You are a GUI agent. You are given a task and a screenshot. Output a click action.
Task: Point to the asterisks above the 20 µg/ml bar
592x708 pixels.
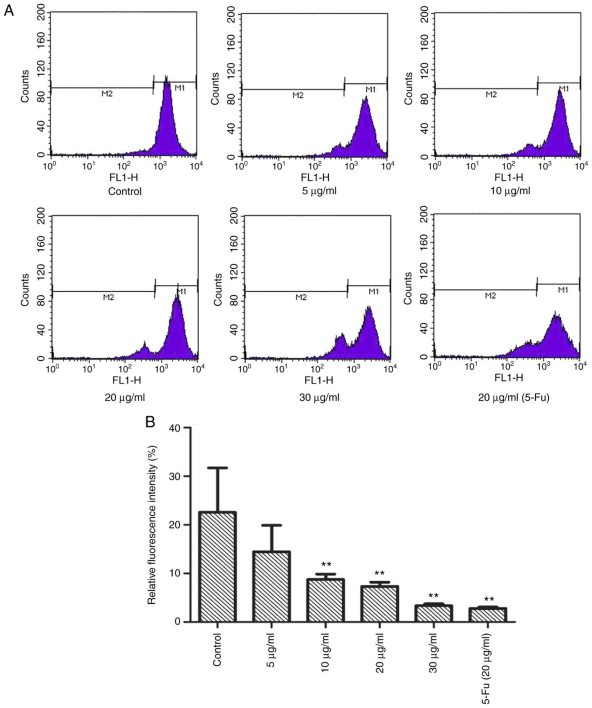380,573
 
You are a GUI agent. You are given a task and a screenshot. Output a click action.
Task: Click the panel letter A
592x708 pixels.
9,11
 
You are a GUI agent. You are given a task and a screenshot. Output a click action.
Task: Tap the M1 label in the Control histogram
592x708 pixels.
179,88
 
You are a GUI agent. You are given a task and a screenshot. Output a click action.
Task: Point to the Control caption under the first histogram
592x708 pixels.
125,192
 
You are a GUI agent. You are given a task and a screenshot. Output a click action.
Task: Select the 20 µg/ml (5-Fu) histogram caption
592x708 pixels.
513,398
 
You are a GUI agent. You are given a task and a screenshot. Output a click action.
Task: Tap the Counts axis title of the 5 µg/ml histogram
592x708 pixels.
215,88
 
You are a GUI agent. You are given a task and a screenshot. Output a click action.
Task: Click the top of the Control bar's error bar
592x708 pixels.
218,468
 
